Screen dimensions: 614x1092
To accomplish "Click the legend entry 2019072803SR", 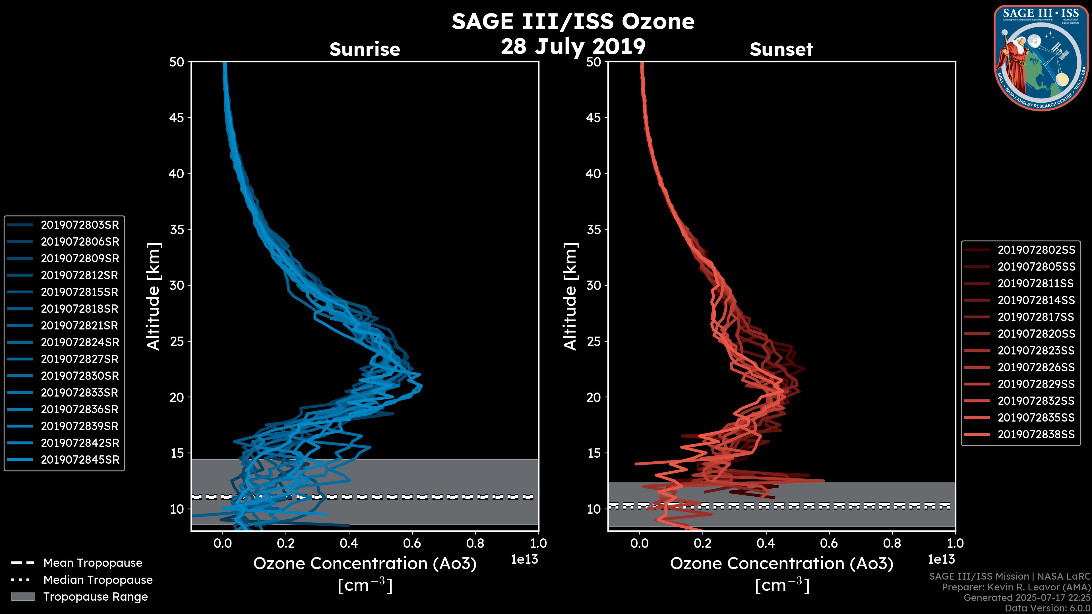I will pos(80,225).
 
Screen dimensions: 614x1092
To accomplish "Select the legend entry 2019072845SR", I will pos(80,460).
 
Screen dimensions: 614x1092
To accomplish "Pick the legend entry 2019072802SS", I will pos(1036,250).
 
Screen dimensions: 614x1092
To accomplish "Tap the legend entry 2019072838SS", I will pos(1036,434).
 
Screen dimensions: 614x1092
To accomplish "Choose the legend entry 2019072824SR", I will pos(80,342).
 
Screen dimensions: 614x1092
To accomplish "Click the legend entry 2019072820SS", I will pos(1036,334).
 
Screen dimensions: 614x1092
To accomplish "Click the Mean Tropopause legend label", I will pos(92,563).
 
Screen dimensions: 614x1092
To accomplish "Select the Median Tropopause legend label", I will pos(98,580).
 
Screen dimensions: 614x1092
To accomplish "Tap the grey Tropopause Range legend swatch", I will pos(22,597).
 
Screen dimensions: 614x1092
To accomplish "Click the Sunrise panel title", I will pos(365,49).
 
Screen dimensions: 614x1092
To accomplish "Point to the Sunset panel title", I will pos(781,49).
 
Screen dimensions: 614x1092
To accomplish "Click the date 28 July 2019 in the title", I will pos(573,47).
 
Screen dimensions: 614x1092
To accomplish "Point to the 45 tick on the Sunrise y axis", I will pos(177,118).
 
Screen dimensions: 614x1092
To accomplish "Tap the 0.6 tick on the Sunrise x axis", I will pos(412,543).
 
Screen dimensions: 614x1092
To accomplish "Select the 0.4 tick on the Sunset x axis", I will pos(766,543).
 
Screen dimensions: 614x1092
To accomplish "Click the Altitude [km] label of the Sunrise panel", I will pos(154,296).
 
